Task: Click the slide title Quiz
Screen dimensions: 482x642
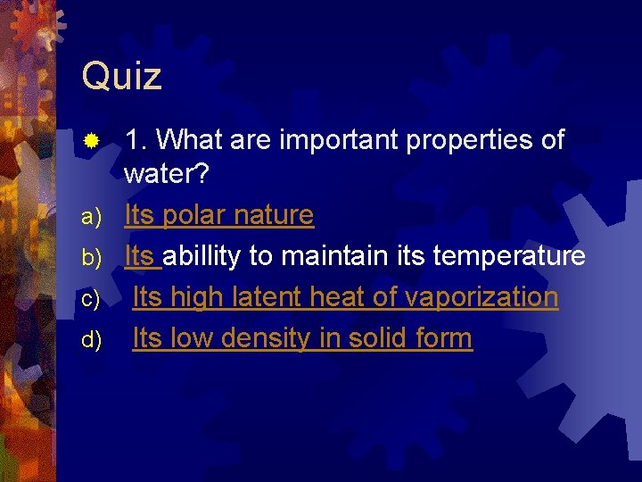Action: (121, 77)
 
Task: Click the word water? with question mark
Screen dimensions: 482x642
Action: (167, 174)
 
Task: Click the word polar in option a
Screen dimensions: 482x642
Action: (195, 215)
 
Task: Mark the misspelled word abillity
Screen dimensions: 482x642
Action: (204, 256)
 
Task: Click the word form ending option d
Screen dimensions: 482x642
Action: (449, 338)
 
